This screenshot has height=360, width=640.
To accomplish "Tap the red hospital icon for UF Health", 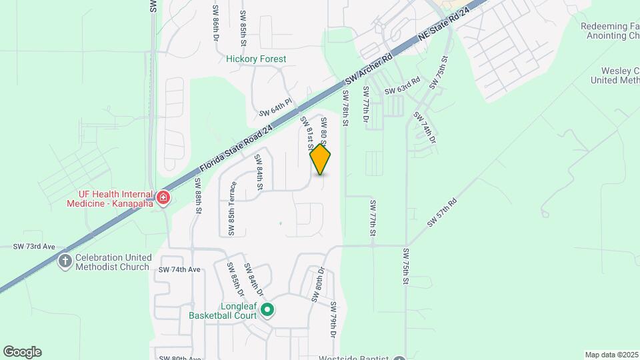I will [163, 197].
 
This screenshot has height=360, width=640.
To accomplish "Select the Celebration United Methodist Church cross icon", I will [65, 261].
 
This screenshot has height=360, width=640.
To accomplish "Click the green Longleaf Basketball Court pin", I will [267, 309].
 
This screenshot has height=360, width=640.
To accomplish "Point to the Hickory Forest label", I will [256, 59].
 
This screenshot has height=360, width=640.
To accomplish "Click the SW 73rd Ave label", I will [33, 247].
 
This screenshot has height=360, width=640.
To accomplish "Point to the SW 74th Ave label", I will [179, 270].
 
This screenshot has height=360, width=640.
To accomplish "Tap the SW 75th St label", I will [405, 267].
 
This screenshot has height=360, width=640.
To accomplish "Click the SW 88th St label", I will [199, 195].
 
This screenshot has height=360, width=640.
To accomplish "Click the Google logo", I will [22, 352].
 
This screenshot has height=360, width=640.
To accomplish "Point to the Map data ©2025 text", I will [611, 355].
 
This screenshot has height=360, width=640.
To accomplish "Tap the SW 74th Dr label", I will [425, 127].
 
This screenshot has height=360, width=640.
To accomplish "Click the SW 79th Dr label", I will [332, 318].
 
